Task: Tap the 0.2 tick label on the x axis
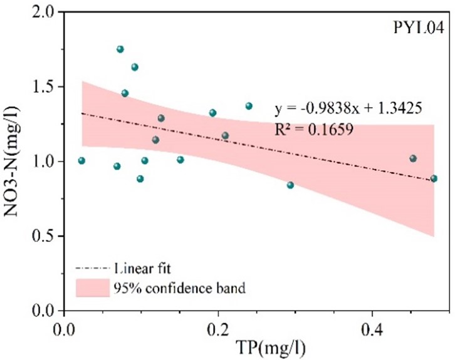[x=218, y=329]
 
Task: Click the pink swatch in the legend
[x=91, y=288]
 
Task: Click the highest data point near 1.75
[x=120, y=49]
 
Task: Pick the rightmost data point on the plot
[x=434, y=178]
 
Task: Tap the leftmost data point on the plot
[x=81, y=161]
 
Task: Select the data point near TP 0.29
[x=290, y=185]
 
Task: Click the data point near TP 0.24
[x=249, y=106]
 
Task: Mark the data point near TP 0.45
[x=413, y=158]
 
